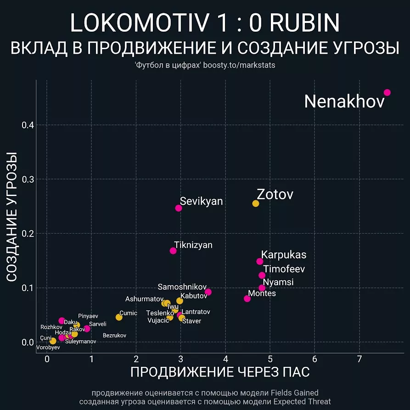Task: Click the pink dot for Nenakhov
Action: [x=387, y=92]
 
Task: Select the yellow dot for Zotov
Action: [x=256, y=203]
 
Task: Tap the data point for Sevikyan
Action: [x=179, y=208]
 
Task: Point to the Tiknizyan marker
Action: [x=173, y=251]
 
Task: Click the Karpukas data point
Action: [x=259, y=261]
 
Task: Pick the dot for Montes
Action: [x=247, y=298]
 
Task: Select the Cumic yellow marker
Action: [x=119, y=317]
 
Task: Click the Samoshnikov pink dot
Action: [x=208, y=292]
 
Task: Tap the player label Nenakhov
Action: [x=344, y=101]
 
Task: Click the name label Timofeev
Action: [x=284, y=269]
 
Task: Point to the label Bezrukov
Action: [x=114, y=336]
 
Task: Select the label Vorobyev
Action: [x=48, y=348]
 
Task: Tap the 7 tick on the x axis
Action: [x=359, y=359]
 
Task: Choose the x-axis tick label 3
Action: [x=180, y=359]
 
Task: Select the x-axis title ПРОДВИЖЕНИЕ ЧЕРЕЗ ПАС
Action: [x=220, y=372]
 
